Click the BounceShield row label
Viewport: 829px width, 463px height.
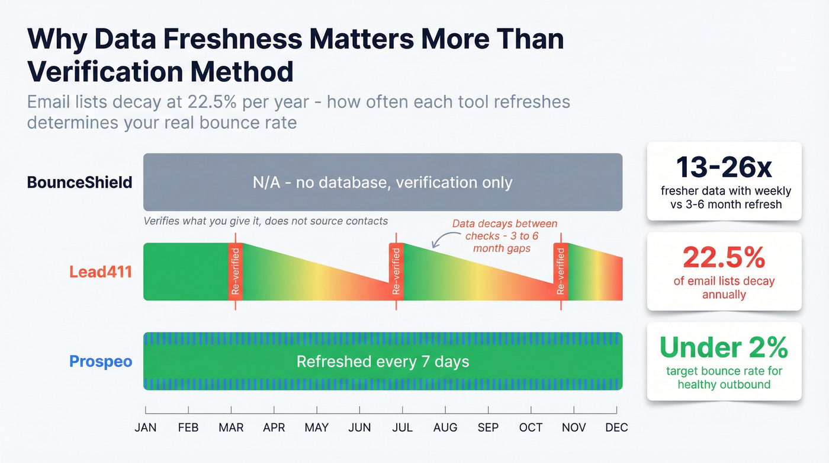point(79,182)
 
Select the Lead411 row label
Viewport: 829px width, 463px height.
point(101,272)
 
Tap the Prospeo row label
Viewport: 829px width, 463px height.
point(101,361)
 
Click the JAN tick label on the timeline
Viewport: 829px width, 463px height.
point(146,427)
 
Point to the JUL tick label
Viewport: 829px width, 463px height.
point(402,427)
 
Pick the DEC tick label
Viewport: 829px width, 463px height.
point(616,427)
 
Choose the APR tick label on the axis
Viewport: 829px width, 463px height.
point(274,427)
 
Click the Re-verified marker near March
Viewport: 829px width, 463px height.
point(235,272)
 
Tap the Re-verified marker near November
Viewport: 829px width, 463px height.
point(561,272)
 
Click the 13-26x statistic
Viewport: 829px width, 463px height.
point(724,168)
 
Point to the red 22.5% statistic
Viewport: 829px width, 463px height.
point(724,257)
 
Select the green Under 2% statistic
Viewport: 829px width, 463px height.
point(724,347)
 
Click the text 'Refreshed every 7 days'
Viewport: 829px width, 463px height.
point(383,362)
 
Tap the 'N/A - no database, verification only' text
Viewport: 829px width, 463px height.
point(383,183)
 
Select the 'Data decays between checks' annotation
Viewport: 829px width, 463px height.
point(505,236)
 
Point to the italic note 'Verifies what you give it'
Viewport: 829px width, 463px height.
point(265,221)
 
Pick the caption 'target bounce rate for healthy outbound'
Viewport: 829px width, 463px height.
point(724,378)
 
